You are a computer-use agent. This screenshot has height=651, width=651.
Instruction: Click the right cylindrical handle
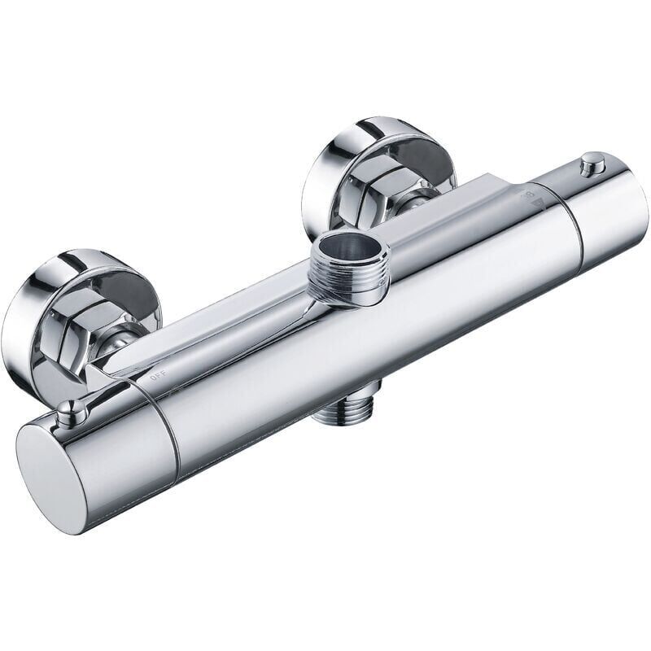(610, 208)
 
